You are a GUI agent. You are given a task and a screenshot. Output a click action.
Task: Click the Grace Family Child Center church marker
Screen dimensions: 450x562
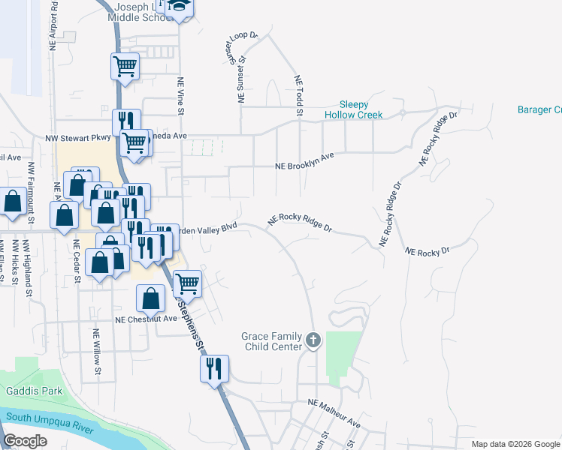pos(313,342)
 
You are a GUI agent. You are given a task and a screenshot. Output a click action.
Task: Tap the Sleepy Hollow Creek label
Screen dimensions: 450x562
pos(353,109)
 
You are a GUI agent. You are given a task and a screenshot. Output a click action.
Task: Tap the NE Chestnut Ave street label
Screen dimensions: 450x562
pos(145,319)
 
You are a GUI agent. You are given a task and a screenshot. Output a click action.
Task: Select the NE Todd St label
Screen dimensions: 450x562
pos(298,96)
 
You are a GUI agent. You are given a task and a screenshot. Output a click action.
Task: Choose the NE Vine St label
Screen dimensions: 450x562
pos(180,97)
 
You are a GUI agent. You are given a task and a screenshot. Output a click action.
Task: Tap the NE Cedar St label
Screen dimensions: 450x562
pos(77,262)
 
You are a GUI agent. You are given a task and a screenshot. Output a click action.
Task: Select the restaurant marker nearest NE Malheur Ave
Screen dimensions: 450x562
pos(214,367)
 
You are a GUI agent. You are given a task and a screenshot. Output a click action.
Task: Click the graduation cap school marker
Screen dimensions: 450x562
pos(179,7)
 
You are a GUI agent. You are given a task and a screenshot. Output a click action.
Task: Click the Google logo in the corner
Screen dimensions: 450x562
pos(25,441)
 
